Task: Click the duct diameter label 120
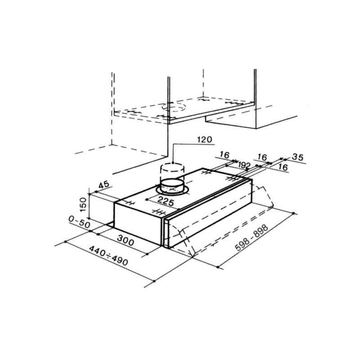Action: tap(204, 139)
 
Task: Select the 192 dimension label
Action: tap(243, 165)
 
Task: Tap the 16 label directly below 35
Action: tap(282, 167)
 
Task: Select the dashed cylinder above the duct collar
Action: tap(173, 171)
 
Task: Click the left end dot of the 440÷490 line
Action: tap(66, 242)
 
